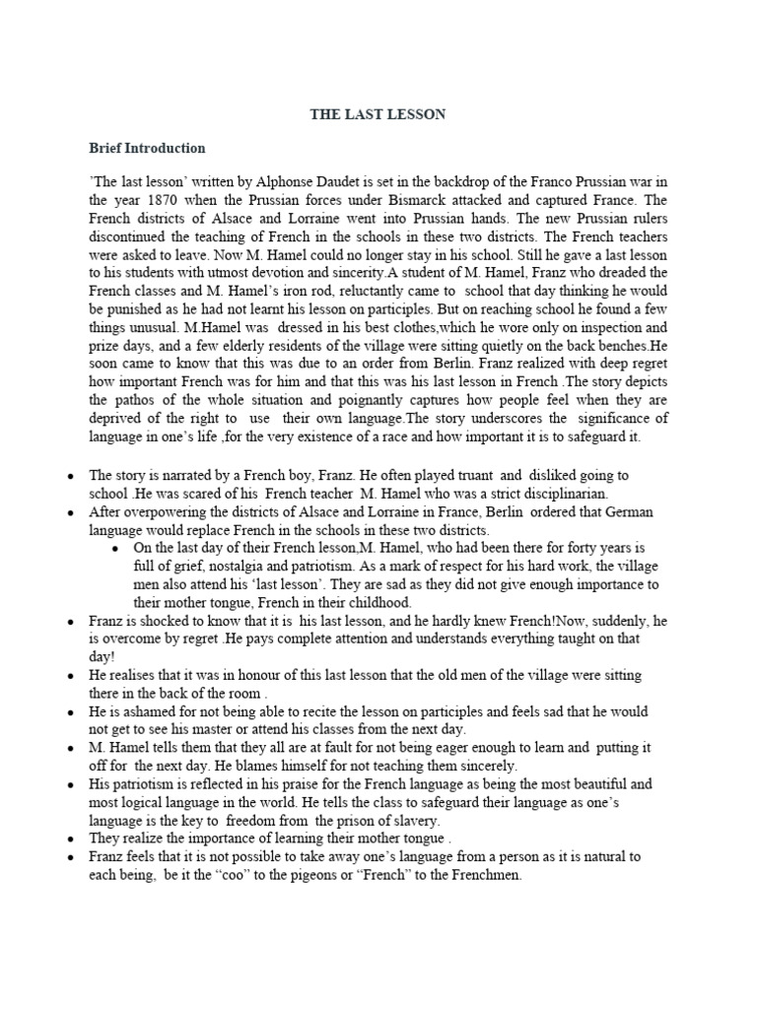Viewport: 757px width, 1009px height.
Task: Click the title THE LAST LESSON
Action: click(378, 114)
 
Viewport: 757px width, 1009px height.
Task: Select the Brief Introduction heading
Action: click(147, 149)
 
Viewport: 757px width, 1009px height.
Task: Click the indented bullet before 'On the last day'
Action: click(116, 548)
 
